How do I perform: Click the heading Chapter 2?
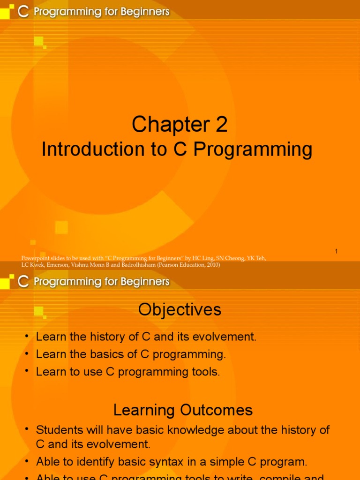180,125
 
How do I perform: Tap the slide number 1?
336,252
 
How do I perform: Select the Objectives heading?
180,310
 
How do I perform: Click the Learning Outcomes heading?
183,410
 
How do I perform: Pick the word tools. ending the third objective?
206,372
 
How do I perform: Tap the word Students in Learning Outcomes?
58,430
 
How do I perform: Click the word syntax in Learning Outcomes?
177,462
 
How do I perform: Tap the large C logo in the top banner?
23,12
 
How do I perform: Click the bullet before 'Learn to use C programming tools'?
27,372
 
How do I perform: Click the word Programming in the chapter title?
253,150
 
